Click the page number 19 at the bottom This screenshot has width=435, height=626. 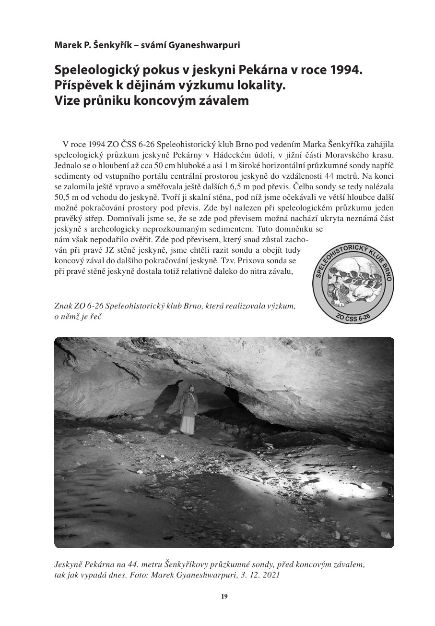point(224,597)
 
